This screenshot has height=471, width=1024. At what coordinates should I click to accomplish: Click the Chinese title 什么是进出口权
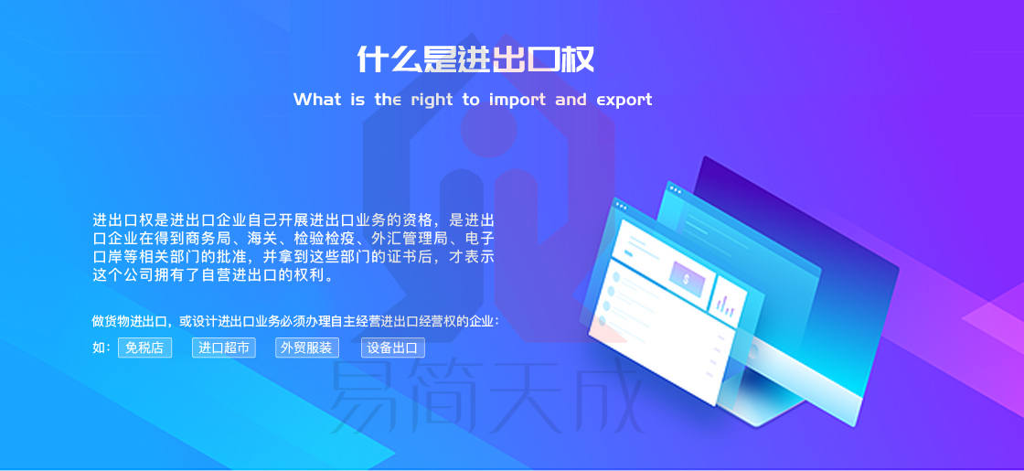475,59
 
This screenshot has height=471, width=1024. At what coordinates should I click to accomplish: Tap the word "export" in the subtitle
624,100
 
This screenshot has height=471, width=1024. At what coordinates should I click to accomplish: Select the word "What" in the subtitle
316,100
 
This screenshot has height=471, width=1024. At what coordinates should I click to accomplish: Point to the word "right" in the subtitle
432,100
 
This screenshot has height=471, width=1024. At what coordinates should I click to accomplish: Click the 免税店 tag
144,348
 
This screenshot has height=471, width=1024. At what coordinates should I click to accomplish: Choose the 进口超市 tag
223,348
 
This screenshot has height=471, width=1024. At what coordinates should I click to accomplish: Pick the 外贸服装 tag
307,348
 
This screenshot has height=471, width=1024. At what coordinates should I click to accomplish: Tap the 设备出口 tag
392,348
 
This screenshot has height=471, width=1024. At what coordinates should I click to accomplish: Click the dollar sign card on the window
687,279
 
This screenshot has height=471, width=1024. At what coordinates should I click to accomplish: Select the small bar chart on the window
728,302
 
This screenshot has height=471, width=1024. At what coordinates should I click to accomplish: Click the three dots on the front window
621,207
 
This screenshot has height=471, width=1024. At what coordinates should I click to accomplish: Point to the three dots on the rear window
676,190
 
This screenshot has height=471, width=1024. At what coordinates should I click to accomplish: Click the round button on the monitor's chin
753,353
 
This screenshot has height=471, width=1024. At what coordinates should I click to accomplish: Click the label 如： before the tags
101,348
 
